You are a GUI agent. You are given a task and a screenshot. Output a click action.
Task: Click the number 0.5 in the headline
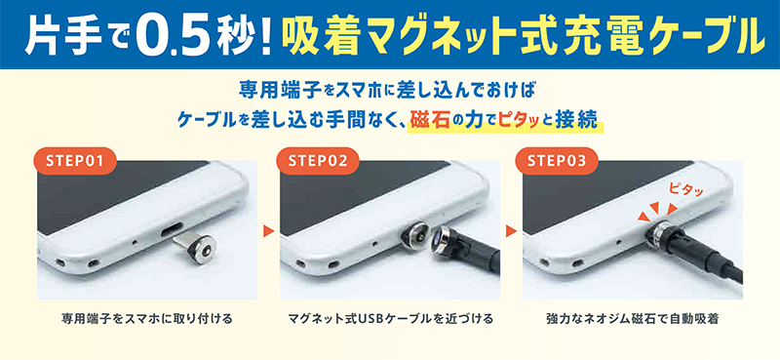(167, 34)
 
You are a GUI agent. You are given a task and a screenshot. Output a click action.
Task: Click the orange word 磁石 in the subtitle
(433, 120)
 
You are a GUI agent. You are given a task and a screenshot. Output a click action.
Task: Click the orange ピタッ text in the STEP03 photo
(687, 183)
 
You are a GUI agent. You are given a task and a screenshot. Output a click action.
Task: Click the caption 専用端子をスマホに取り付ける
(146, 318)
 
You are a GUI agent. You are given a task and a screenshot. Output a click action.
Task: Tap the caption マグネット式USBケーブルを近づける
(390, 318)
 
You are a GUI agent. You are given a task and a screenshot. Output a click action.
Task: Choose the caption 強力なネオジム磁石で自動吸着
(633, 318)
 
